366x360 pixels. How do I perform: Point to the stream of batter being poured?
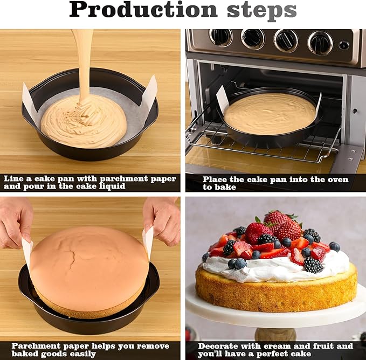click(x=83, y=59)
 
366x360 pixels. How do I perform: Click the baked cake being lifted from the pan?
click(x=89, y=264)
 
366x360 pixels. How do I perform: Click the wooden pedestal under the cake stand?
click(x=275, y=334)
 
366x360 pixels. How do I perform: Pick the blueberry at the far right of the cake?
click(x=335, y=246)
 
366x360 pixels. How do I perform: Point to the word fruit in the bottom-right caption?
click(x=320, y=346)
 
